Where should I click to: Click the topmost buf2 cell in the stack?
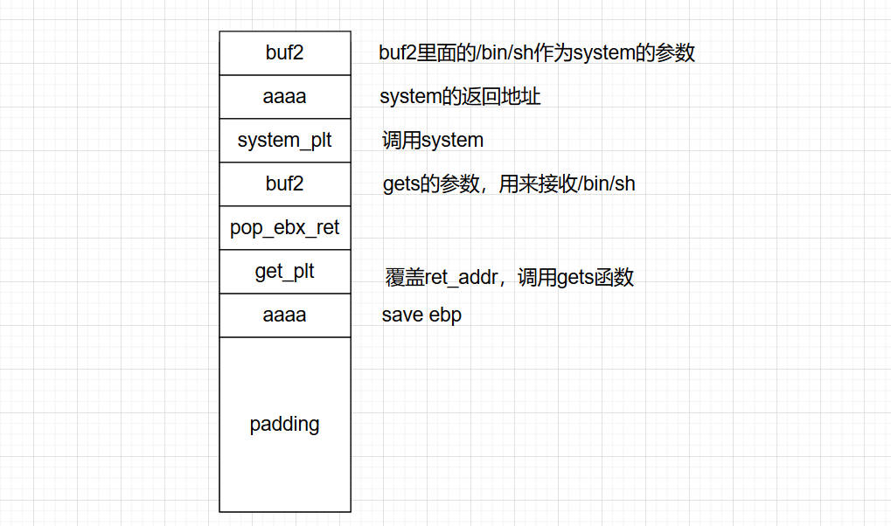point(284,52)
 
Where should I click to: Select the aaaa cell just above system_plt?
point(284,96)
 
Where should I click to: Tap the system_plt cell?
point(284,140)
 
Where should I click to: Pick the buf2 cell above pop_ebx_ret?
point(284,183)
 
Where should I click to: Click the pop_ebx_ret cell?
point(284,228)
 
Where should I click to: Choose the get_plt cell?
point(284,272)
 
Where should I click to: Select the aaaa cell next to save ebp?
point(284,315)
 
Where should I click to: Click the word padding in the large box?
point(284,425)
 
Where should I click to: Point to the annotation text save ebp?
point(421,315)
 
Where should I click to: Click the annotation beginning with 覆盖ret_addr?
point(509,278)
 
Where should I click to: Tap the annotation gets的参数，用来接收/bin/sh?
point(509,183)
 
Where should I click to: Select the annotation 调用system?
point(433,140)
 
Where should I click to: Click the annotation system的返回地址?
point(460,96)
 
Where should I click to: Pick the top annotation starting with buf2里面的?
point(537,52)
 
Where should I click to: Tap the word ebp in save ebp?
point(445,315)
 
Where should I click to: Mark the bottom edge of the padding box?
point(284,511)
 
